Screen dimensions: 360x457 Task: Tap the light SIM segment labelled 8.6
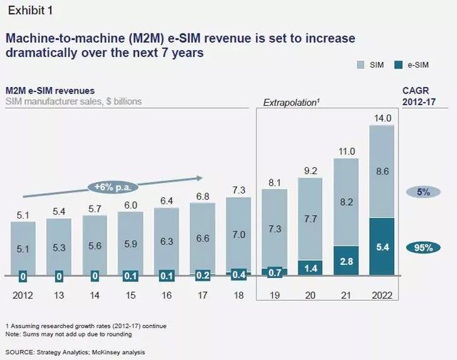tap(386, 171)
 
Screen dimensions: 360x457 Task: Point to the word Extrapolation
tap(290, 104)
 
